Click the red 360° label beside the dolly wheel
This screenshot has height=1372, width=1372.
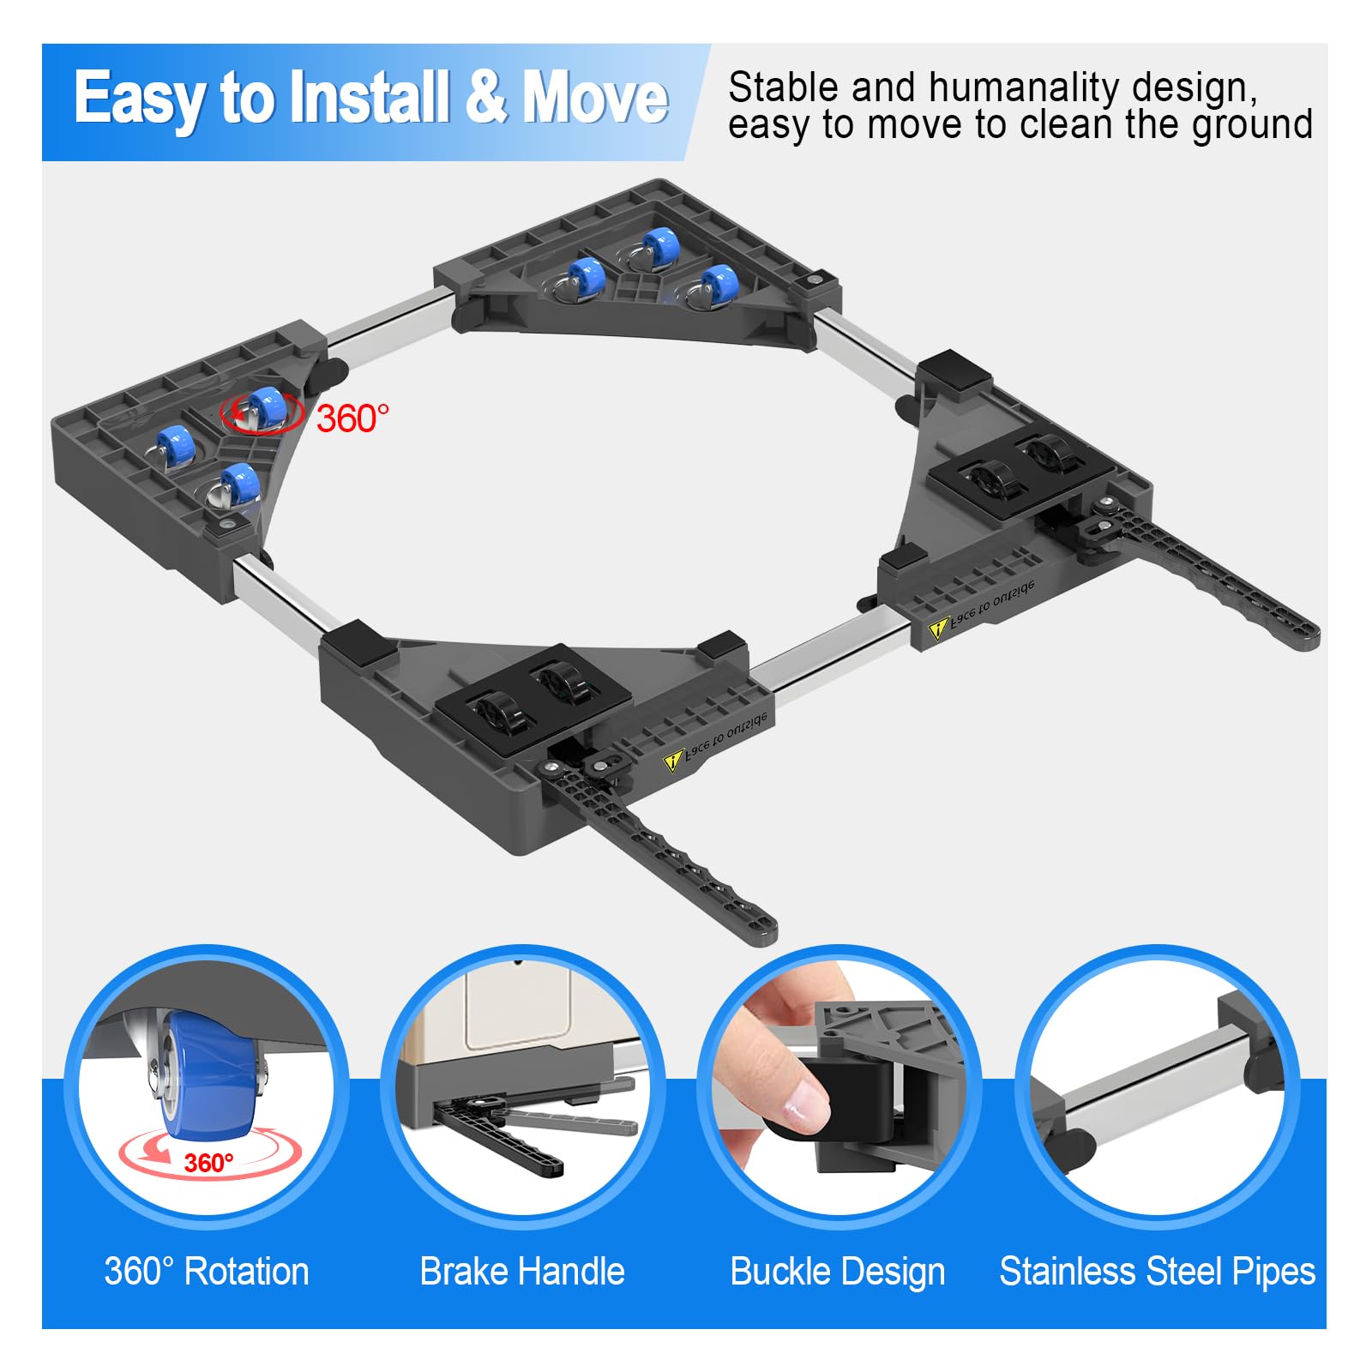point(352,418)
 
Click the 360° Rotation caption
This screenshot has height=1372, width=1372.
point(207,1271)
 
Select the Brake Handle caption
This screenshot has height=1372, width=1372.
point(522,1271)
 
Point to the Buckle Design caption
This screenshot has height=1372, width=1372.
point(838,1272)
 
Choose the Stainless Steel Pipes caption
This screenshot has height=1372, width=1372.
point(1158,1271)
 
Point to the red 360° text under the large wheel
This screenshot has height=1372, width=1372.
point(208,1162)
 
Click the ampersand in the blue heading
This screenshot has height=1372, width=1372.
point(487,96)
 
